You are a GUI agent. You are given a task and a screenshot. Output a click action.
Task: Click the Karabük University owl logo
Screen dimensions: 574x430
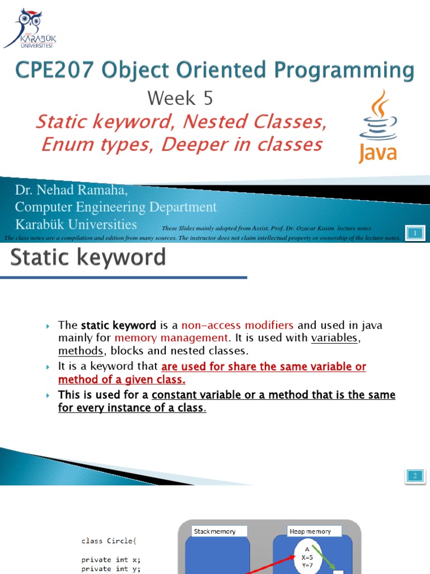pos(29,28)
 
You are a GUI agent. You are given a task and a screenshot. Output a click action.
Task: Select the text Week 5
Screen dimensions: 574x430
pos(180,99)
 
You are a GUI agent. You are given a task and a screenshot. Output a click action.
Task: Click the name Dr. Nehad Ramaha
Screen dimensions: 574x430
pos(72,191)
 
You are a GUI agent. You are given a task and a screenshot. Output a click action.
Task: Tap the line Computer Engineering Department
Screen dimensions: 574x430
pos(115,207)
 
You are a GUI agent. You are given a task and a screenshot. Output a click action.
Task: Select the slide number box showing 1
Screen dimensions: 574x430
pos(415,233)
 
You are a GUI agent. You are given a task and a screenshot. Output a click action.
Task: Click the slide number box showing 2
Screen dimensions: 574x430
pos(415,476)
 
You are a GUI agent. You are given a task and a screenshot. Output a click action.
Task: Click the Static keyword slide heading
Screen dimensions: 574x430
pos(88,257)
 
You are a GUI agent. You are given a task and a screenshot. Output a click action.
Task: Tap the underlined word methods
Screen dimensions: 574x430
pos(81,351)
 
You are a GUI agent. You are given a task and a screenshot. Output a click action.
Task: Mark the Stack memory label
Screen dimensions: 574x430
pos(214,531)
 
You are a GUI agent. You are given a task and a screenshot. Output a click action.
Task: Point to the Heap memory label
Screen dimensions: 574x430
pos(310,531)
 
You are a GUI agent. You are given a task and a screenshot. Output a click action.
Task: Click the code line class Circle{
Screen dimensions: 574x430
pos(108,541)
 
